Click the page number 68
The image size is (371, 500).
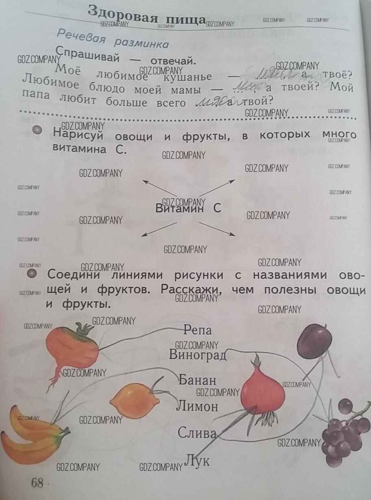click(37, 483)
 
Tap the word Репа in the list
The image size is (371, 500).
click(197, 329)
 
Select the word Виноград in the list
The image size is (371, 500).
click(197, 355)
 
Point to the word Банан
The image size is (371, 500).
click(197, 381)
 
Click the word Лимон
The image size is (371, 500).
click(197, 406)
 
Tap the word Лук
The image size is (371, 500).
click(197, 460)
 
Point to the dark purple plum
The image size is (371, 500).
click(314, 340)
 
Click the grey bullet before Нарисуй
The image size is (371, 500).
click(37, 130)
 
